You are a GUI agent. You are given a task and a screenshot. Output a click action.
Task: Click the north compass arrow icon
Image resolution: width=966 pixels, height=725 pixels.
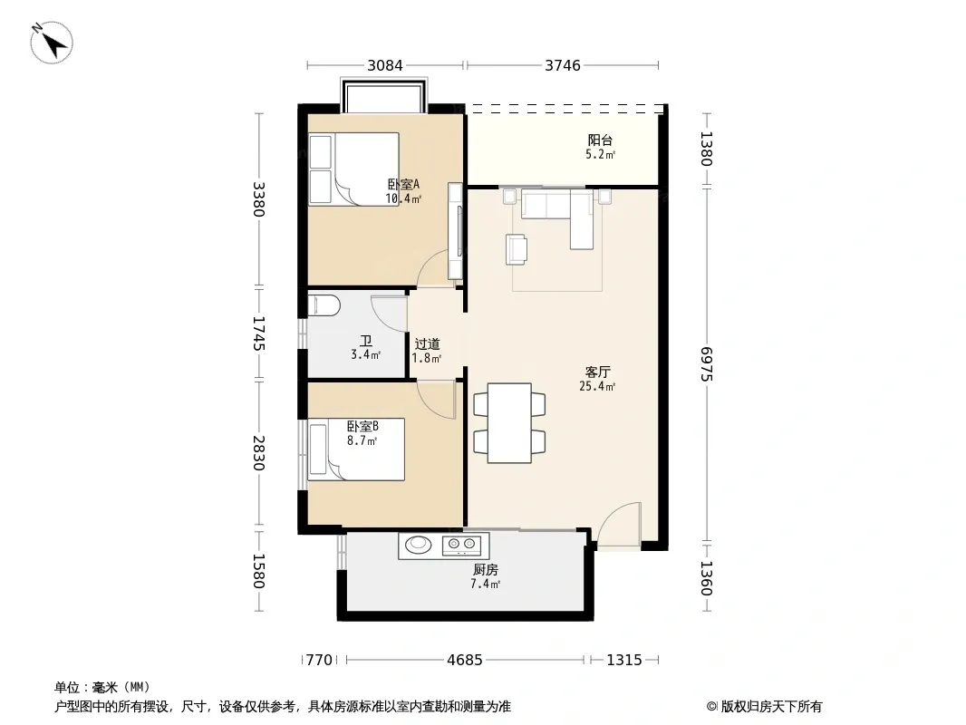point(52,43)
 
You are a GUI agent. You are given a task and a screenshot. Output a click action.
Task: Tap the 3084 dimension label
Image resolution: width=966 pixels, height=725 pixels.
point(385,65)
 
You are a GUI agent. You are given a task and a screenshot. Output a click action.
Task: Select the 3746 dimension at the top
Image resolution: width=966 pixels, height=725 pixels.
point(563,65)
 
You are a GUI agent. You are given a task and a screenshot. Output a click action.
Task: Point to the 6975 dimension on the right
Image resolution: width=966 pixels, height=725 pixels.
point(706,364)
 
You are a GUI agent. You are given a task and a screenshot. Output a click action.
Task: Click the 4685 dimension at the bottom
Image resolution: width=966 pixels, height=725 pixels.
point(465,660)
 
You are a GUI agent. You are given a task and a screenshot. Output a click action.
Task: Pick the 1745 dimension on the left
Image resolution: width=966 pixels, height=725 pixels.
point(258,333)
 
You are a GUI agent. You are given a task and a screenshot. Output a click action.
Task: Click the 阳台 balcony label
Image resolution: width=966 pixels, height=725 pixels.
point(600,140)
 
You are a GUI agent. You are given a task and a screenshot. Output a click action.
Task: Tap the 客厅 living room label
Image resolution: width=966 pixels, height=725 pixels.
point(597,372)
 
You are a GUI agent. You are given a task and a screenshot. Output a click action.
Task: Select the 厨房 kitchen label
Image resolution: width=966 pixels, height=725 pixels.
point(486,570)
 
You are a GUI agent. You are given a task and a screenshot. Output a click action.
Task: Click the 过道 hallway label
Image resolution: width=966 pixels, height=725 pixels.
point(427,344)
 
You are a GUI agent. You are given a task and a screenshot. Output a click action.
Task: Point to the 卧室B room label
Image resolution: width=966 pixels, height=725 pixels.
point(362,426)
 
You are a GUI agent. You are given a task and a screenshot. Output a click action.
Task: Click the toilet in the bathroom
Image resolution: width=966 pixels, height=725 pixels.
point(324,304)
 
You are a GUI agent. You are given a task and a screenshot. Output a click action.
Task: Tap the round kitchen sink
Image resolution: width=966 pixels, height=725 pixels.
point(419,543)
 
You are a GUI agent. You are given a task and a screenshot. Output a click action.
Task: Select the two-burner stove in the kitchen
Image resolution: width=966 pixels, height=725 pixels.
point(461,543)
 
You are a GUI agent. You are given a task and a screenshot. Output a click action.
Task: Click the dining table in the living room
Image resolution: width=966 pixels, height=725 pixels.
point(509,423)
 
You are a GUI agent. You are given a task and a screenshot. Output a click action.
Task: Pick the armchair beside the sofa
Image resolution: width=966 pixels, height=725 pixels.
point(517,249)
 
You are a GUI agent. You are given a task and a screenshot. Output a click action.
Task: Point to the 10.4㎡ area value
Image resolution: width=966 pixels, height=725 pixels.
point(403,199)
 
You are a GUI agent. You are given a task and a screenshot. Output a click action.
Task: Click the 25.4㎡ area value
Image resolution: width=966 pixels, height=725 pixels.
point(597,387)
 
